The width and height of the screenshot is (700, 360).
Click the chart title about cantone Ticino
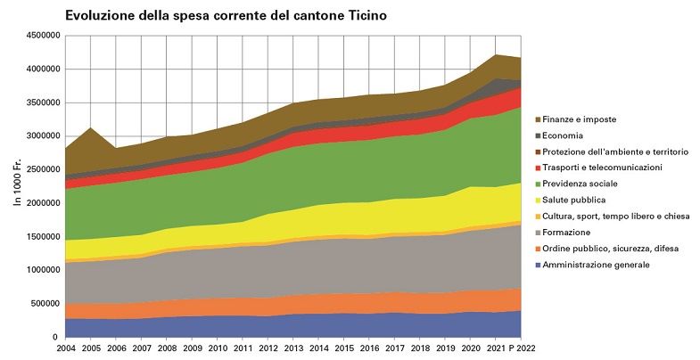pos(226,17)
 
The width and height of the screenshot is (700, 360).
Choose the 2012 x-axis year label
pos(268,349)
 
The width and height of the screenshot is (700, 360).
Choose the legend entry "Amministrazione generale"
pos(602,264)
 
